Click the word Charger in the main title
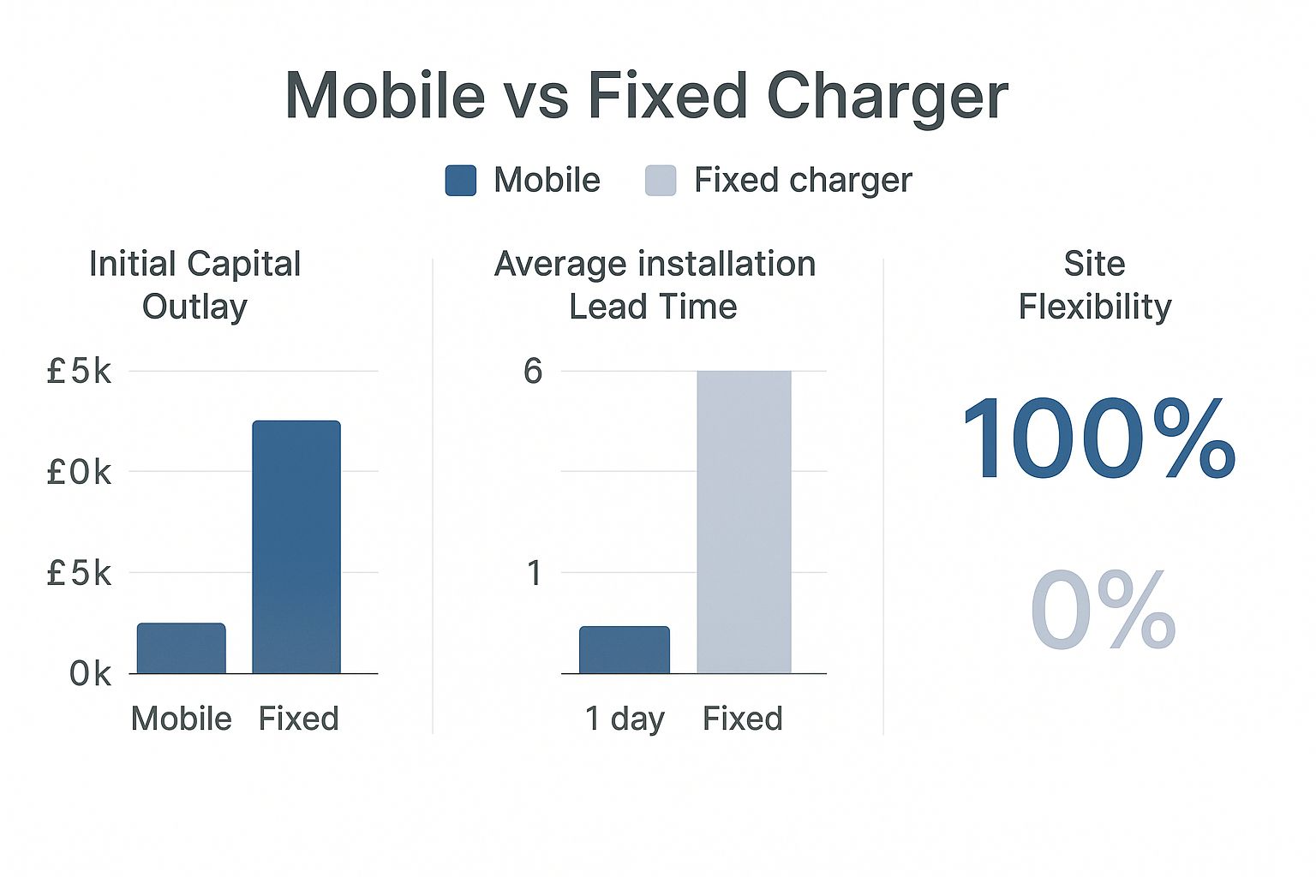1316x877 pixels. coord(887,97)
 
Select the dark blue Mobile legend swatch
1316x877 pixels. coord(461,181)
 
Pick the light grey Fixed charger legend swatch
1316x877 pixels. coord(661,181)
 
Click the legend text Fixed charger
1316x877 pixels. coord(803,181)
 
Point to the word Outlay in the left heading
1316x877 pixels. coord(194,307)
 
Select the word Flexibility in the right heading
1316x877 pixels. coord(1095,307)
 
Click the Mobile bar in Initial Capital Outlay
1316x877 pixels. coord(182,648)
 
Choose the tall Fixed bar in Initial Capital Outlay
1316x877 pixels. coord(296,547)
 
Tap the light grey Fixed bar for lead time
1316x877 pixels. coord(745,522)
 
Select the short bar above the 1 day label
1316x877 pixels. coord(625,650)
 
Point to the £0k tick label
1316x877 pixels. coord(79,472)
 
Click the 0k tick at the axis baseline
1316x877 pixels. coord(90,674)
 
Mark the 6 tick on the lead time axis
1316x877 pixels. coord(533,371)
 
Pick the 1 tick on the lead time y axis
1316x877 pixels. coord(534,573)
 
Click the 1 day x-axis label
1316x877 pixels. coord(625,719)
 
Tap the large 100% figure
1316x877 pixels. coord(1098,438)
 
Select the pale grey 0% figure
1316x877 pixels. coord(1103,609)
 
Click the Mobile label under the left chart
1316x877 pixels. coord(182,719)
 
